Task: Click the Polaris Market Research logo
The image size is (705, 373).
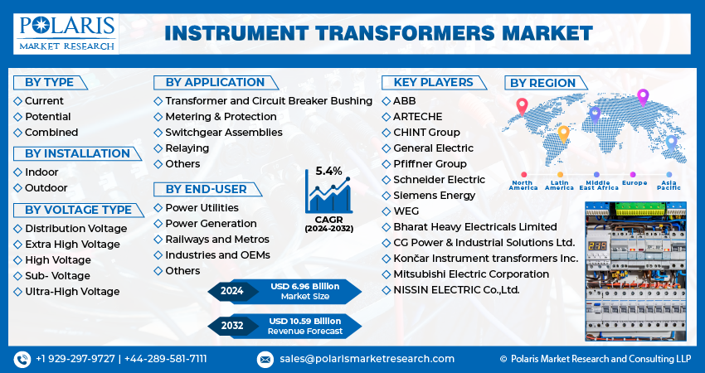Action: [x=66, y=31]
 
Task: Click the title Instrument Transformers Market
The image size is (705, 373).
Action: [x=378, y=32]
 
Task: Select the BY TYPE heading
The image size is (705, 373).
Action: [x=49, y=82]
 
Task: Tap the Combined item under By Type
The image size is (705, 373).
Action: [x=51, y=132]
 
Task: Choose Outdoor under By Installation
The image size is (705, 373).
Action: [x=46, y=188]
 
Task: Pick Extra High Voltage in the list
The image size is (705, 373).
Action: [x=72, y=244]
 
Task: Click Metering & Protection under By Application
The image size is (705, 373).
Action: [x=221, y=117]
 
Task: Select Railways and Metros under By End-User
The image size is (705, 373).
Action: [x=216, y=239]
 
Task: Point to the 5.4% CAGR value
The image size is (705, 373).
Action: [x=328, y=171]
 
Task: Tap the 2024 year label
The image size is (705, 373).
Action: [x=231, y=291]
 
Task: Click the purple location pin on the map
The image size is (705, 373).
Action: [x=642, y=98]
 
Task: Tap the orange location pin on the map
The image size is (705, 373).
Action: [x=563, y=133]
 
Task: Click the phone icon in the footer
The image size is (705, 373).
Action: [x=22, y=359]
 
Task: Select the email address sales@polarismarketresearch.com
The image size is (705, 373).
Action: [x=367, y=359]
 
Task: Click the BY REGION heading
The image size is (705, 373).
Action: [x=542, y=83]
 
